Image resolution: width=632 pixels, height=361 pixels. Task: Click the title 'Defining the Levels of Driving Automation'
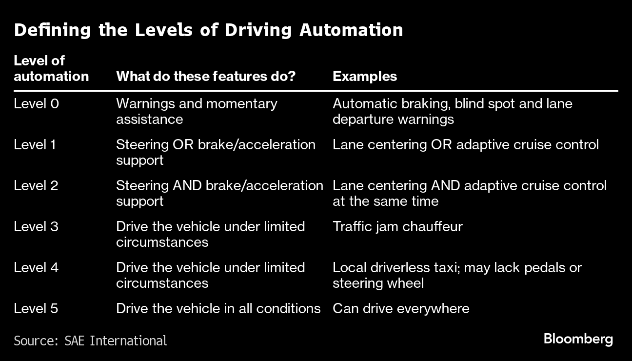[209, 30]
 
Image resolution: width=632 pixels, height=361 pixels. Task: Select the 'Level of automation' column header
[51, 69]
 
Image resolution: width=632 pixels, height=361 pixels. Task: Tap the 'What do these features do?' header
[206, 76]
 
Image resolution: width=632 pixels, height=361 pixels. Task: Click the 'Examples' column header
[365, 76]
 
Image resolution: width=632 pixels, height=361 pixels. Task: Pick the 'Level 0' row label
[37, 103]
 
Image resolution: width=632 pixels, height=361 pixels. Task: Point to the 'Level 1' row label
[35, 144]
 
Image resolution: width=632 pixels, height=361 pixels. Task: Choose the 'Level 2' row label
[36, 185]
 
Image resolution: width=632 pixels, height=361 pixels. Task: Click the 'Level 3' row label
[36, 226]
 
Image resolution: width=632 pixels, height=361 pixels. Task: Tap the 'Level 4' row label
[36, 267]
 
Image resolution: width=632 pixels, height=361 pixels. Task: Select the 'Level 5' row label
[36, 308]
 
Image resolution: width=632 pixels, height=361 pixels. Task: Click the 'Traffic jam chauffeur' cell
[397, 227]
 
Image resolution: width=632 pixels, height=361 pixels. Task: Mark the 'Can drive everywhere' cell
[401, 308]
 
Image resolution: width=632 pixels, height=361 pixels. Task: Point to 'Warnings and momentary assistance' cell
[197, 112]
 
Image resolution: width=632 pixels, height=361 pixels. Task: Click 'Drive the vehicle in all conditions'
[218, 308]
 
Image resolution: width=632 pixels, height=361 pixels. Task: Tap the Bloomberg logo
[578, 339]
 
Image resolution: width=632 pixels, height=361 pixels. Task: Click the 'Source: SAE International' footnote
[90, 341]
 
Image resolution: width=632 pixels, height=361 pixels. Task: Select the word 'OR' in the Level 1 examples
[441, 144]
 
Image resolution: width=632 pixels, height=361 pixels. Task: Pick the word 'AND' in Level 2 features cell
[187, 185]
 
